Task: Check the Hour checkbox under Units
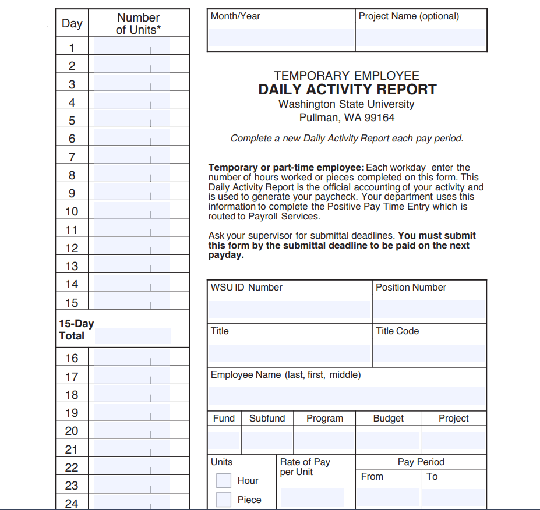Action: tap(224, 480)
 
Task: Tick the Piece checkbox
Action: tap(224, 500)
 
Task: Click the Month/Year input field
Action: tap(281, 37)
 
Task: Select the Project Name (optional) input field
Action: tap(421, 37)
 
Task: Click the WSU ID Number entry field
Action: tap(290, 310)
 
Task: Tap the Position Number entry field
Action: tap(429, 310)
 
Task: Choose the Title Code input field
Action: tap(429, 353)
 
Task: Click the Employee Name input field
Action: tap(347, 396)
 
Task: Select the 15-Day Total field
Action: tap(133, 336)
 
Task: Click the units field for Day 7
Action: tap(132, 157)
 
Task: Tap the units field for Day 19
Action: tap(132, 413)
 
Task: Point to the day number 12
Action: tap(72, 248)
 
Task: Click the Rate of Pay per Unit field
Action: tap(312, 497)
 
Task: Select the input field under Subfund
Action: tap(267, 440)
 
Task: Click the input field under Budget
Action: tap(388, 440)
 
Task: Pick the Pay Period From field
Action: tap(387, 497)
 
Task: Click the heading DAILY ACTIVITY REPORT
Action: tap(347, 90)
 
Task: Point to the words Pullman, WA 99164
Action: tap(347, 118)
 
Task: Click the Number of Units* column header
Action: tap(139, 24)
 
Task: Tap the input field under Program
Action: tap(324, 440)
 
